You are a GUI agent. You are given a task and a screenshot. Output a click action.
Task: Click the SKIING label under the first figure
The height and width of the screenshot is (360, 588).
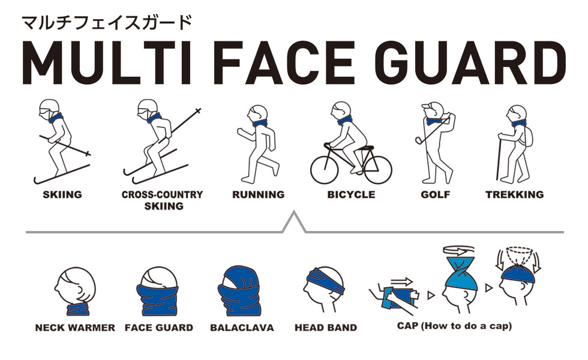[62, 194]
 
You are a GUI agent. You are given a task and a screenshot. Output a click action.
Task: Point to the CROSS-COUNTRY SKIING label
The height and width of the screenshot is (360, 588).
[162, 200]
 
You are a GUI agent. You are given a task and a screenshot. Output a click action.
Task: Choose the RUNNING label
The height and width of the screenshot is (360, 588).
[258, 194]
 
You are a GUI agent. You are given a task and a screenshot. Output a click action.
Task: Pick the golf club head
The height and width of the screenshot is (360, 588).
[418, 140]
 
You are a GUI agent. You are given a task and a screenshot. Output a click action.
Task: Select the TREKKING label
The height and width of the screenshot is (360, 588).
[514, 194]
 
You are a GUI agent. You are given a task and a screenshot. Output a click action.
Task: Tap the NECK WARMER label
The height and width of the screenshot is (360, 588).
[75, 328]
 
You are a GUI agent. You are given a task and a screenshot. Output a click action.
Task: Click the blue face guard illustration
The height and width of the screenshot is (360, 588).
[159, 294]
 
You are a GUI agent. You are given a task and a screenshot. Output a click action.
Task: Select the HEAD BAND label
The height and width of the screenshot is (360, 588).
[326, 328]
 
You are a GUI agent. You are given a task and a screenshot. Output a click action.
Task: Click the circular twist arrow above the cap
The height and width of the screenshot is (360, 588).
[459, 251]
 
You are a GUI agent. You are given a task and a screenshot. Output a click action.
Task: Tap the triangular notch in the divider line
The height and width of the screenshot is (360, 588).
[294, 223]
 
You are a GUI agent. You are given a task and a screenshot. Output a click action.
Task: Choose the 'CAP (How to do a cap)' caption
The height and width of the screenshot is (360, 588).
[454, 326]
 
